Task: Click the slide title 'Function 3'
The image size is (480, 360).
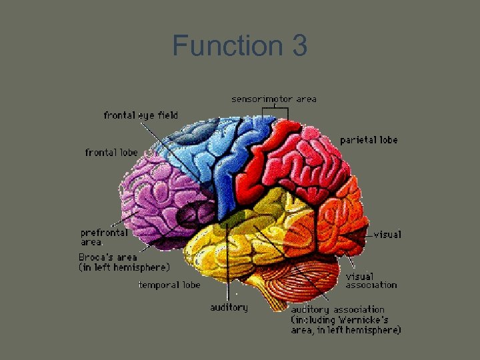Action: tap(239, 46)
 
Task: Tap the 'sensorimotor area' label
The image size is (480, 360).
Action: tap(274, 99)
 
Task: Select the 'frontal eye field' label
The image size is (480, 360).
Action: tap(141, 115)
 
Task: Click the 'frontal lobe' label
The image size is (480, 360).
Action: tap(111, 153)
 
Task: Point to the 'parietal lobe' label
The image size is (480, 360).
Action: tap(369, 140)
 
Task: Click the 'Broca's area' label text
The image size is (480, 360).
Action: tap(108, 257)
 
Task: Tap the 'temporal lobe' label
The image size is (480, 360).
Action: tap(169, 285)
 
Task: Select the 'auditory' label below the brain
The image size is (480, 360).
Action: tap(229, 307)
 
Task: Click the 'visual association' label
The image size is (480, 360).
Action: tap(371, 281)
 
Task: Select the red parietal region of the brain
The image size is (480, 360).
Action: tap(293, 160)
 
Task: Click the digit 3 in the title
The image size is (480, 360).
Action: tap(299, 46)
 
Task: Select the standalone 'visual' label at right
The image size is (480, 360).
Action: tap(387, 235)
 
